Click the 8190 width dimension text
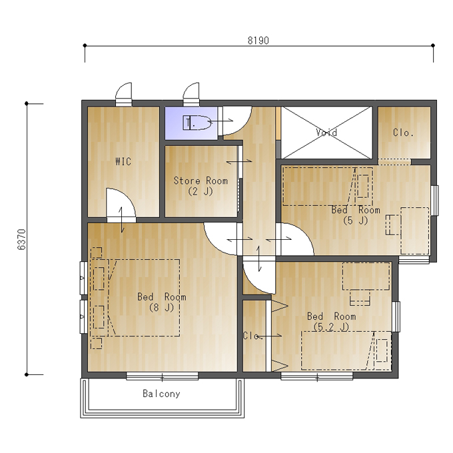(258, 41)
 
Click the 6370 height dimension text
(22, 240)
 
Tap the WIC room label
(123, 161)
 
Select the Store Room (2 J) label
(201, 186)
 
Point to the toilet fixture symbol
(197, 123)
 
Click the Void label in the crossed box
(326, 133)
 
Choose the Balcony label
(161, 394)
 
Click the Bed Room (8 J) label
(162, 302)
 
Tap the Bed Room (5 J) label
(356, 215)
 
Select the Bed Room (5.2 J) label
(331, 321)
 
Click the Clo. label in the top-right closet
(403, 133)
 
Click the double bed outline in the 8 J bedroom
(135, 298)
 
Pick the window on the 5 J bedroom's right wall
(434, 201)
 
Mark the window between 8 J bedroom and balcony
(163, 376)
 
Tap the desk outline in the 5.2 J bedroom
(366, 276)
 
